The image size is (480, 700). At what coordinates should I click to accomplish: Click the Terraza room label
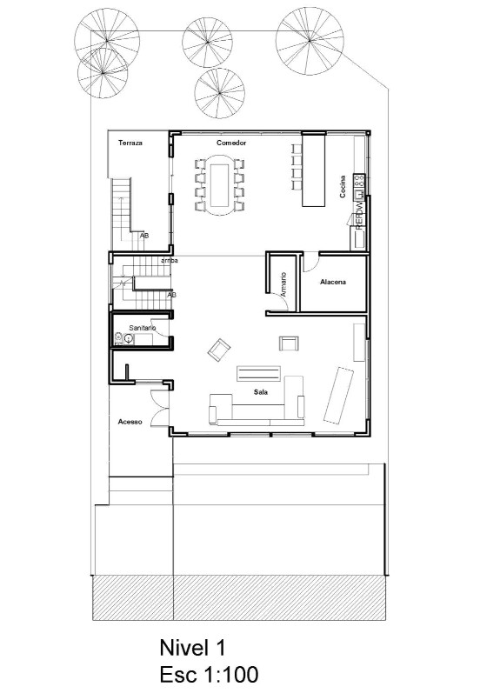pyautogui.click(x=130, y=142)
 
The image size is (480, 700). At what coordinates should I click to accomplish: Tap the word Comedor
pyautogui.click(x=232, y=142)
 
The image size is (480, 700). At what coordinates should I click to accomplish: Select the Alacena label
pyautogui.click(x=334, y=282)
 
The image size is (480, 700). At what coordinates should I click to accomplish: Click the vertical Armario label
pyautogui.click(x=283, y=285)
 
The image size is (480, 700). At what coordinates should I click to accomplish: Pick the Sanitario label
pyautogui.click(x=142, y=327)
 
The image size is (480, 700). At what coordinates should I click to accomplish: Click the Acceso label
pyautogui.click(x=130, y=423)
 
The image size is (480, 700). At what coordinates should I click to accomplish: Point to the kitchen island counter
pyautogui.click(x=312, y=171)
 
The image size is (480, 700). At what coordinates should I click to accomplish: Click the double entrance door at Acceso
pyautogui.click(x=159, y=405)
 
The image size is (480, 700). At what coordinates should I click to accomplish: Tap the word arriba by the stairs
pyautogui.click(x=170, y=260)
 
